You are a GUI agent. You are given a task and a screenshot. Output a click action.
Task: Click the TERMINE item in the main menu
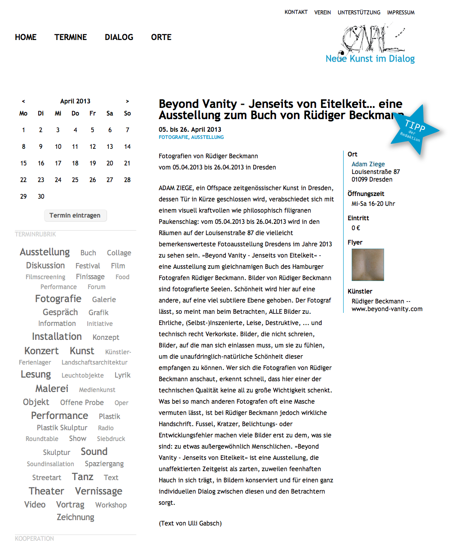tap(71, 37)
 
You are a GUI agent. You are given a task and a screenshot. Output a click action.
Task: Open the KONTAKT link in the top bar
tap(296, 12)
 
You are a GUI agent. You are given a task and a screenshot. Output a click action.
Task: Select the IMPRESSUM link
tap(401, 13)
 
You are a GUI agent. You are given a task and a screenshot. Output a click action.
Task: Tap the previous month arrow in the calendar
tap(23, 101)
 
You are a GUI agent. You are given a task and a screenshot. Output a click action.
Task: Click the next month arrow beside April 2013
tap(127, 101)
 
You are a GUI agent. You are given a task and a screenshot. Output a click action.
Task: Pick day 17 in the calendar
tap(58, 163)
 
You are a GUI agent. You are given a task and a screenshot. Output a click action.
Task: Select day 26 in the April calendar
tap(93, 180)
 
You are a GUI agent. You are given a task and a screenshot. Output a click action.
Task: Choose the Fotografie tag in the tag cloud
tap(58, 299)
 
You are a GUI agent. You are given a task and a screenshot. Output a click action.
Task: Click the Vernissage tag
tap(98, 491)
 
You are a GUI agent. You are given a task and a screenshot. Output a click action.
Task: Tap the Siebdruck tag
tap(111, 439)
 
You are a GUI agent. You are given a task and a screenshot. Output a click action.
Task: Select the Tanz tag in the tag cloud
tap(83, 477)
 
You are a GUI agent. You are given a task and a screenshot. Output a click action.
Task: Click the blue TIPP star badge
tap(412, 130)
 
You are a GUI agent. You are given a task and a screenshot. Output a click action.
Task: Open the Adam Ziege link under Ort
tap(368, 164)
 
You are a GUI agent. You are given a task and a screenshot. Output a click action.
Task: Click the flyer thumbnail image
tap(367, 265)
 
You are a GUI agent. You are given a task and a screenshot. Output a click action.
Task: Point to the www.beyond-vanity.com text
tap(387, 309)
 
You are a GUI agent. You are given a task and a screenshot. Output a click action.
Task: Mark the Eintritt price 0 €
tap(356, 228)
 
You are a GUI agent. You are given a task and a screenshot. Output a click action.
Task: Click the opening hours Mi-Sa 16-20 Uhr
tap(373, 204)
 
